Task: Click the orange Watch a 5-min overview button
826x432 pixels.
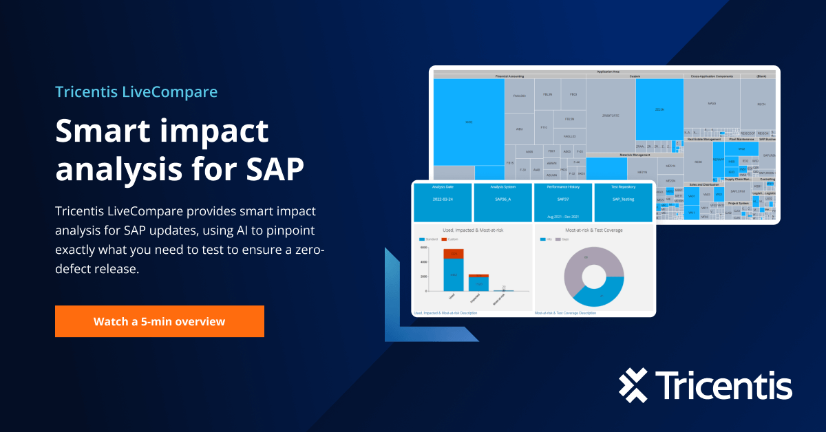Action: coord(159,321)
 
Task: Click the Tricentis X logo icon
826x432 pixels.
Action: coord(633,385)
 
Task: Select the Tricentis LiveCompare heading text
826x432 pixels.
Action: coord(136,91)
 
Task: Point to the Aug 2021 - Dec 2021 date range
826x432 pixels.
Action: coord(563,217)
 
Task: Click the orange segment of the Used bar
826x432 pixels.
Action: coord(453,253)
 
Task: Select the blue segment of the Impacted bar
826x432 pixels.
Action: coord(478,283)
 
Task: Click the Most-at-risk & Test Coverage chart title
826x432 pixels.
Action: coord(593,230)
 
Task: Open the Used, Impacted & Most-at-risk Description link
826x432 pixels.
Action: coord(445,313)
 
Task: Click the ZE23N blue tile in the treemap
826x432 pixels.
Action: coord(659,109)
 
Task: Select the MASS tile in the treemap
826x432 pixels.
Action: coord(712,103)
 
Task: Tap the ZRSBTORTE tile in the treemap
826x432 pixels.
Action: coord(610,116)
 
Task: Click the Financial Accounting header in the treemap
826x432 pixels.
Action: coord(509,76)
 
